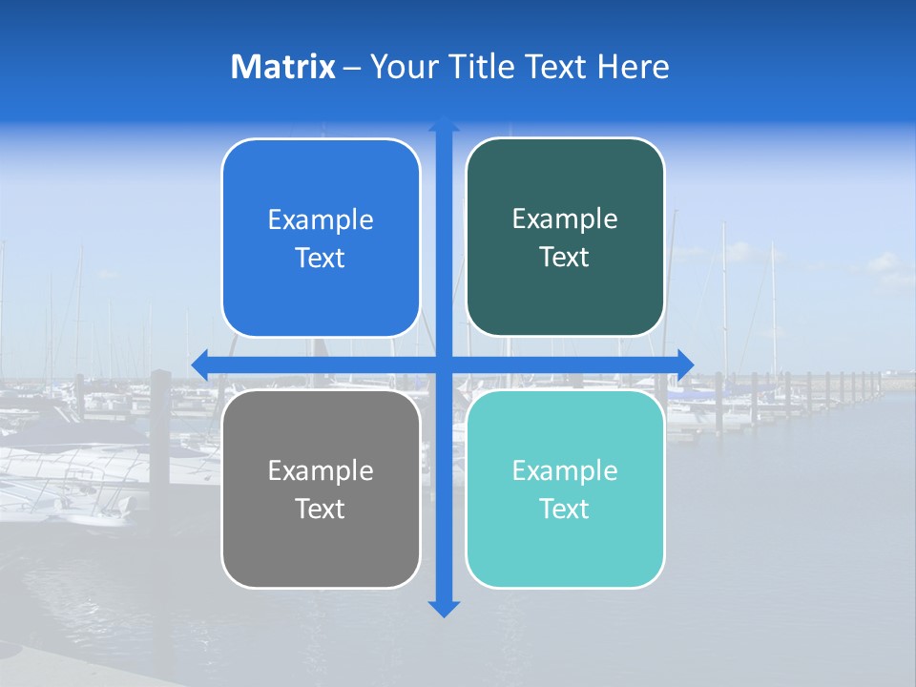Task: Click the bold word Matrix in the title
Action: click(x=282, y=67)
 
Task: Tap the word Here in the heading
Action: click(x=633, y=67)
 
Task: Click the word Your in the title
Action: click(x=402, y=67)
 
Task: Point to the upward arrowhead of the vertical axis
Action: click(x=444, y=124)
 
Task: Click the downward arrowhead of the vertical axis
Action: click(x=444, y=608)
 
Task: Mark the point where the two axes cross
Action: click(x=444, y=364)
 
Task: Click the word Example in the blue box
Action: click(x=321, y=220)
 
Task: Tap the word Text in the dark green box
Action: click(x=564, y=258)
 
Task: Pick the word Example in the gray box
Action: click(x=321, y=471)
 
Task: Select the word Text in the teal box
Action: click(x=564, y=510)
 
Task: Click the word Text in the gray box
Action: click(x=320, y=510)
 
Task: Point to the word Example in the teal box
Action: click(x=565, y=471)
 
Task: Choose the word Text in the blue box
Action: click(x=320, y=259)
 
